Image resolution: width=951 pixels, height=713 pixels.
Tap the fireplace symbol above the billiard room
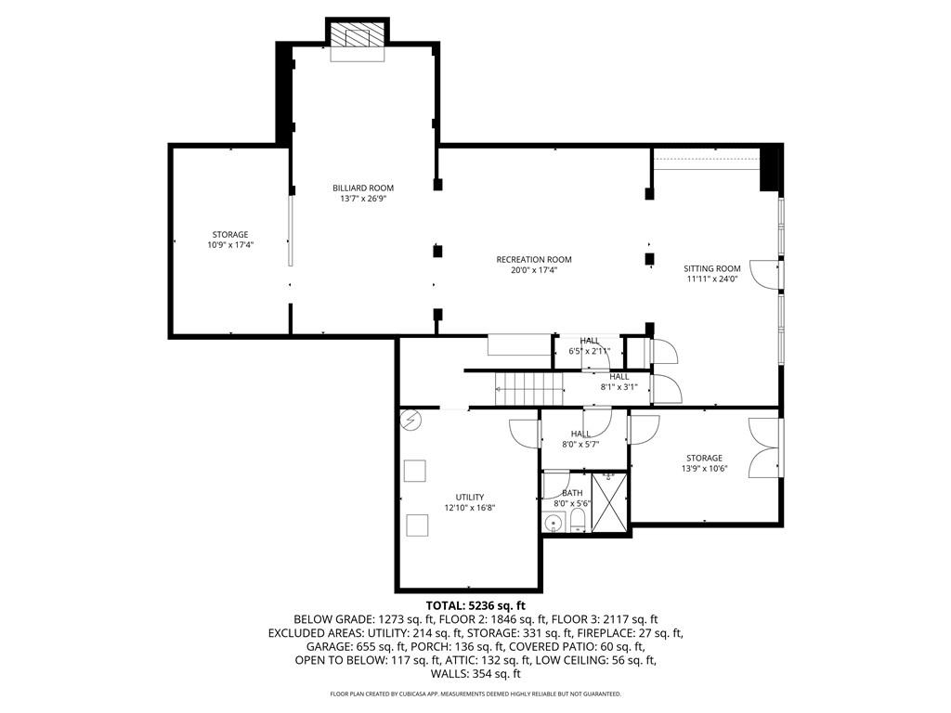click(358, 38)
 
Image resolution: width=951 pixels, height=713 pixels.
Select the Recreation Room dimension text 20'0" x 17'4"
click(533, 271)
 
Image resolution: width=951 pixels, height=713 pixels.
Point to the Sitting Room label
click(712, 268)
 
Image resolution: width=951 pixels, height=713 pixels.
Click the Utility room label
click(469, 497)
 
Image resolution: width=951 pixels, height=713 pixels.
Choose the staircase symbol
click(528, 387)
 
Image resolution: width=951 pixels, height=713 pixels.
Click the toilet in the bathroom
click(577, 520)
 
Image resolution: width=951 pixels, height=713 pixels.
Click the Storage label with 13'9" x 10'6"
click(704, 458)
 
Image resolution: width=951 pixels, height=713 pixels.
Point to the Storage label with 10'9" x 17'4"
click(229, 234)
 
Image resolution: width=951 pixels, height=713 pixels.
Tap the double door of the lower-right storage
click(763, 447)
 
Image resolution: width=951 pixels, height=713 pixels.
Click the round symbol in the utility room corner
click(410, 421)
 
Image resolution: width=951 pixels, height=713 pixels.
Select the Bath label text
click(572, 493)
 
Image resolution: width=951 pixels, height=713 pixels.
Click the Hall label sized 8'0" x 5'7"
click(580, 434)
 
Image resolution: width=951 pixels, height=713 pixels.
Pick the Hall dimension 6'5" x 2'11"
click(589, 352)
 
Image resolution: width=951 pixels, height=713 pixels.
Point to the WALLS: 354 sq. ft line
click(475, 675)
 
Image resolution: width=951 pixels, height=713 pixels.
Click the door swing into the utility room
click(524, 433)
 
